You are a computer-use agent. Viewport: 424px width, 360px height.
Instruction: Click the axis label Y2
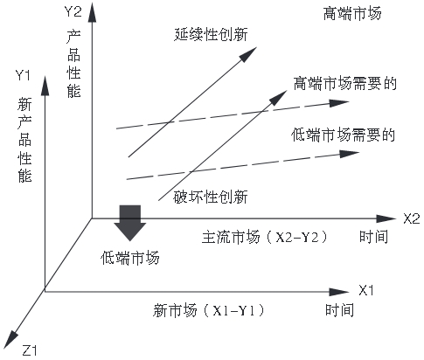point(73,12)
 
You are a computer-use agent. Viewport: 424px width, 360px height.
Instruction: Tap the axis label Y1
point(23,75)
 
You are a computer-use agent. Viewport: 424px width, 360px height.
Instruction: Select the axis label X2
point(412,218)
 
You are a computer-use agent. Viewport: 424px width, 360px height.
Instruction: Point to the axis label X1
point(365,290)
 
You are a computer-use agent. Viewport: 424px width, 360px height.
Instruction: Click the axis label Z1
point(30,350)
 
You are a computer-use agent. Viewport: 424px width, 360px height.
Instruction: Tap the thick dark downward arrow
point(129,223)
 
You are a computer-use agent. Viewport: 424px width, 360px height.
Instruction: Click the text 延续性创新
point(211,34)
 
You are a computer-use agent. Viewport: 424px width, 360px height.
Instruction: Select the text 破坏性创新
point(211,197)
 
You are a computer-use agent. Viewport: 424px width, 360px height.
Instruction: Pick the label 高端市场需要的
point(345,84)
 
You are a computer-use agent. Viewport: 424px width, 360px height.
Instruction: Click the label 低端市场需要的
point(344,135)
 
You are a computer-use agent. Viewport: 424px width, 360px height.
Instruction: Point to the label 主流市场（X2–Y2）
point(264,237)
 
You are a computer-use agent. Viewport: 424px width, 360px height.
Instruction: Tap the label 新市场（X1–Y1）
point(209,310)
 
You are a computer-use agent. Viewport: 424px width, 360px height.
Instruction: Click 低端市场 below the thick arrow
point(130,258)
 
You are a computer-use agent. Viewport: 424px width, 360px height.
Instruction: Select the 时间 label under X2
point(373,237)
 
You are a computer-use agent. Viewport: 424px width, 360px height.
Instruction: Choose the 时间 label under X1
point(340,310)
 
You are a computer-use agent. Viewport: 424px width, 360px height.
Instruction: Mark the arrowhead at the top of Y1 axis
point(45,86)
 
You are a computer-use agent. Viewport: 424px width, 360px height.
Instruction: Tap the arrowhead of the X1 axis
point(339,292)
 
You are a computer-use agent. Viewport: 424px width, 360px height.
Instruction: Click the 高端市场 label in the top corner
point(352,14)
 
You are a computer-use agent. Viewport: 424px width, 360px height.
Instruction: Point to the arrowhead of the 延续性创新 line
point(248,54)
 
